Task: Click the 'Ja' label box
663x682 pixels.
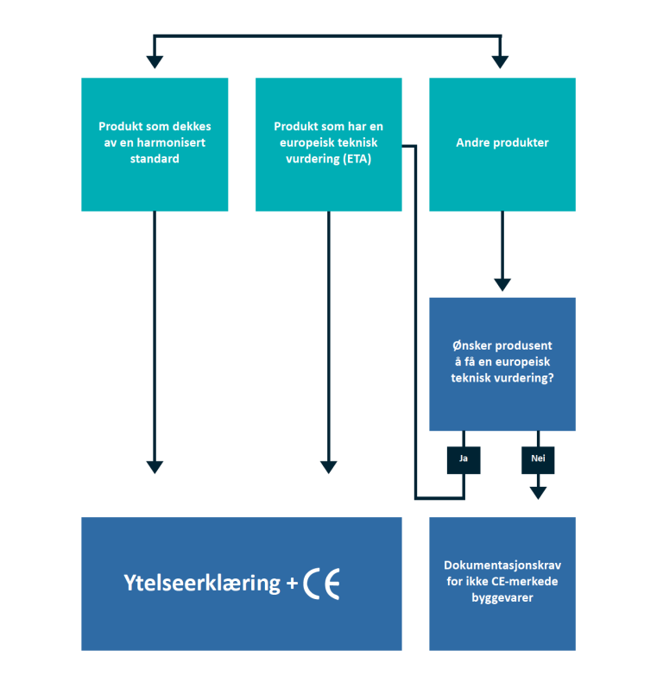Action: [464, 460]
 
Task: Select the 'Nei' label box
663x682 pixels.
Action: [538, 460]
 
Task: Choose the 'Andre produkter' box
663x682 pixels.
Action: [502, 143]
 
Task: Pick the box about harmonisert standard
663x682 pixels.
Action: [155, 144]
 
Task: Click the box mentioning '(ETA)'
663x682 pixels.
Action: [328, 144]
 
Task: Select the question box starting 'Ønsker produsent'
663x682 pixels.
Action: [502, 363]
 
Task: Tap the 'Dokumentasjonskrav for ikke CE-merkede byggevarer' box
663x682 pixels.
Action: [502, 583]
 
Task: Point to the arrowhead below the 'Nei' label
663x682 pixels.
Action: [538, 493]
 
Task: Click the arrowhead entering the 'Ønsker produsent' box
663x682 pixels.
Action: [502, 285]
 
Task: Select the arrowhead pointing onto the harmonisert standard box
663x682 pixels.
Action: [155, 62]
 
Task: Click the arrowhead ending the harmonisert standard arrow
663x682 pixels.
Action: [155, 467]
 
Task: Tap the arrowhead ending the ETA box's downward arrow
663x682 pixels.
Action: [328, 467]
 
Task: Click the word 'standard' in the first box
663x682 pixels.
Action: [155, 159]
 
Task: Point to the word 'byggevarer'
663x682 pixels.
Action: [502, 597]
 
